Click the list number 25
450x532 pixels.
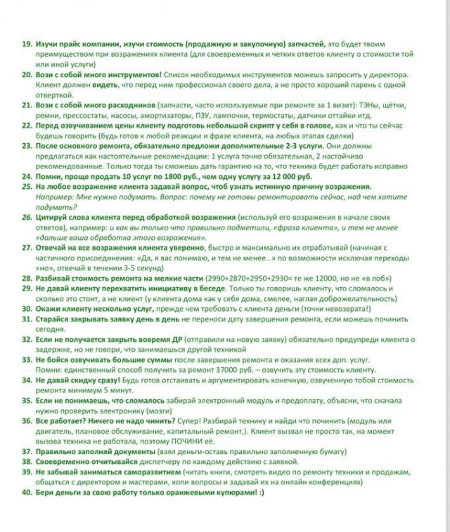(21, 187)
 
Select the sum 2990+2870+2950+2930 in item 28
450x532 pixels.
(231, 279)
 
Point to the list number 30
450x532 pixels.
(21, 307)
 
